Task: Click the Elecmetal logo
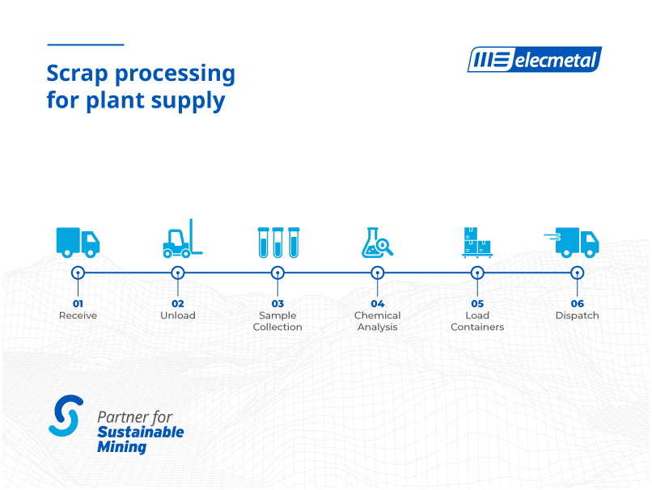(x=535, y=60)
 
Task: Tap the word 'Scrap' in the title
(x=78, y=74)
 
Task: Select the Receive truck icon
(x=78, y=243)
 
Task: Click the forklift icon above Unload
(x=183, y=239)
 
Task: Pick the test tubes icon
(x=278, y=243)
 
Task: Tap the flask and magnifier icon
(x=377, y=243)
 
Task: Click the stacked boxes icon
(x=477, y=243)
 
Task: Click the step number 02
(x=177, y=304)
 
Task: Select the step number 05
(x=477, y=304)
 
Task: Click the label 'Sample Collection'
(x=277, y=321)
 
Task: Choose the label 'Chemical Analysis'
(x=377, y=321)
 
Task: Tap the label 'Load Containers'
(x=477, y=321)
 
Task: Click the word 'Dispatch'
(x=577, y=315)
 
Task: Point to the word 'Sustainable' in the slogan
(x=141, y=433)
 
